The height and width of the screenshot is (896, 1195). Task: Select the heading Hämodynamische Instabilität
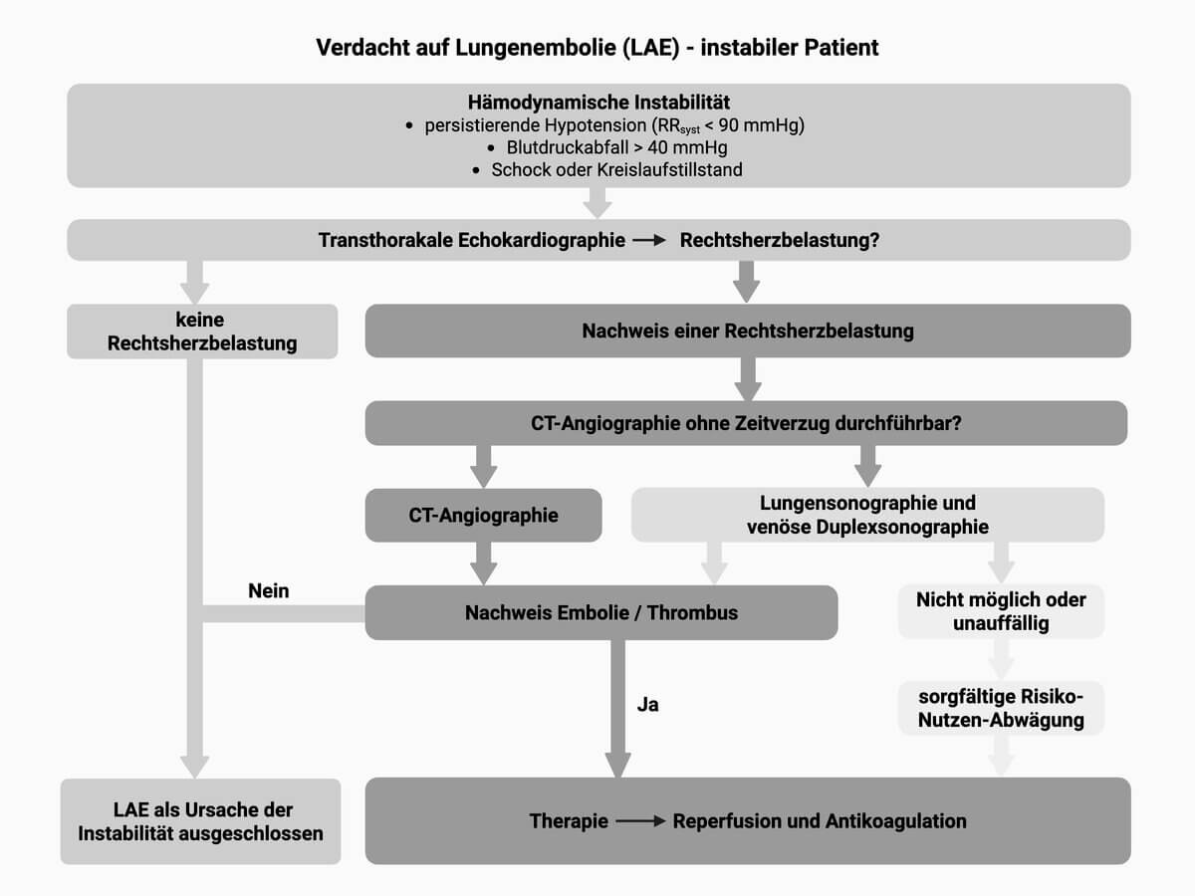pyautogui.click(x=598, y=103)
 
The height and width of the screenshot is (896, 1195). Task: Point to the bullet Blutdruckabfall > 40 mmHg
pyautogui.click(x=617, y=147)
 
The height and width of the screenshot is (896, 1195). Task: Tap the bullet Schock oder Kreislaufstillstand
pyautogui.click(x=616, y=169)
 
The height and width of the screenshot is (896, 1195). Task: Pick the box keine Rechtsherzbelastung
pyautogui.click(x=202, y=332)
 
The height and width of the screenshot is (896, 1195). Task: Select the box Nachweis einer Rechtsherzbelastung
pyautogui.click(x=748, y=331)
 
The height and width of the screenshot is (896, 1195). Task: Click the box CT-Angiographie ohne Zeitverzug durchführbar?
pyautogui.click(x=746, y=422)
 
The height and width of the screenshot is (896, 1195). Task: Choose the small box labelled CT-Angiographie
pyautogui.click(x=483, y=515)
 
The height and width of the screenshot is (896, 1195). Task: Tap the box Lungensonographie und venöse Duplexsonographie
pyautogui.click(x=867, y=515)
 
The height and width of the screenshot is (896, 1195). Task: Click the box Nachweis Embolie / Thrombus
pyautogui.click(x=600, y=612)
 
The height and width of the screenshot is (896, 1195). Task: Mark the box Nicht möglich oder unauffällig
pyautogui.click(x=1001, y=611)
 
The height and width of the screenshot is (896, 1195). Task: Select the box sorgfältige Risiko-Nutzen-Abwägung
pyautogui.click(x=1001, y=708)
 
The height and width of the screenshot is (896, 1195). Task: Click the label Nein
pyautogui.click(x=269, y=590)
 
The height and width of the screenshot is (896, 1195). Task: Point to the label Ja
pyautogui.click(x=648, y=705)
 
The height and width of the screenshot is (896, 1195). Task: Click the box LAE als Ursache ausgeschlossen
pyautogui.click(x=200, y=821)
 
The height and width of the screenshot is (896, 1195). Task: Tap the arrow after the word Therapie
pyautogui.click(x=639, y=822)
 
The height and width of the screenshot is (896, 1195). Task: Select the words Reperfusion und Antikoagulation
pyautogui.click(x=820, y=821)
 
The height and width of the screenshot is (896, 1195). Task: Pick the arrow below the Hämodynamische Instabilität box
pyautogui.click(x=597, y=203)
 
